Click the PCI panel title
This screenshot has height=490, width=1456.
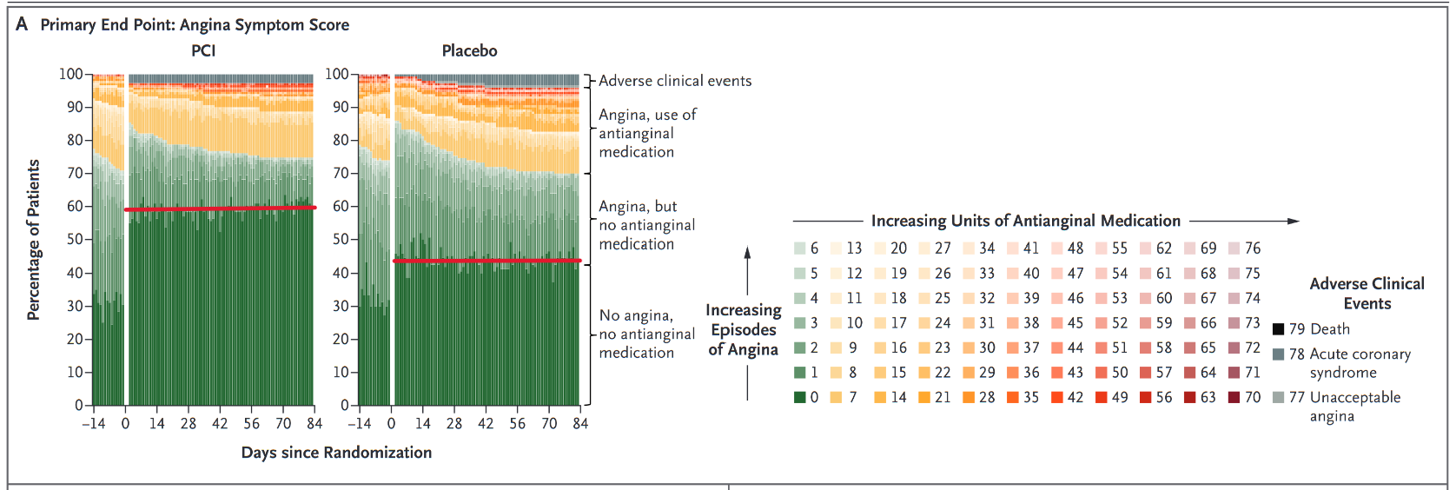coord(203,51)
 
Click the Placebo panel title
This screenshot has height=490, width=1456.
coord(469,51)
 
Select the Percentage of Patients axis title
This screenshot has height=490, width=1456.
coord(34,240)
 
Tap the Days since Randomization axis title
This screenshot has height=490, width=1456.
coord(336,453)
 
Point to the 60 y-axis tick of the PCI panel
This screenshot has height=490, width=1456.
coord(75,207)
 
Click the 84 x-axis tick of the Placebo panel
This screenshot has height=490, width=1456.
coord(580,424)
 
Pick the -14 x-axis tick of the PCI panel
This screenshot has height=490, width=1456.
coord(93,424)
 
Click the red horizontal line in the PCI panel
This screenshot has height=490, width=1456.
coord(221,209)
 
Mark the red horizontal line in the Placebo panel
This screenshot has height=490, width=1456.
coord(486,261)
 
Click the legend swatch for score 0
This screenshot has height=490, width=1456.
coord(799,398)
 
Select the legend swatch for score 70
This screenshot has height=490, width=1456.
coord(1234,398)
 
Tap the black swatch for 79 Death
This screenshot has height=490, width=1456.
coord(1278,329)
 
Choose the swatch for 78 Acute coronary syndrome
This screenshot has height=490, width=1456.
coord(1278,354)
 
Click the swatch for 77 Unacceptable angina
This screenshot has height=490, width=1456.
coord(1278,398)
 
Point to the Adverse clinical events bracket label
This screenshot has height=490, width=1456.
coord(675,81)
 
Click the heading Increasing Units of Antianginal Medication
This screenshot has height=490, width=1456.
coord(1025,222)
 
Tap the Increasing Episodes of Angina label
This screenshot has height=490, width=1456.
coord(743,330)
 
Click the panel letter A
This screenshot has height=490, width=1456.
coord(22,24)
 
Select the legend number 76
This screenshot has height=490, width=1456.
coord(1252,248)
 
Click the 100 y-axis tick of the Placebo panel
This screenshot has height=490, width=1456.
coord(337,75)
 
